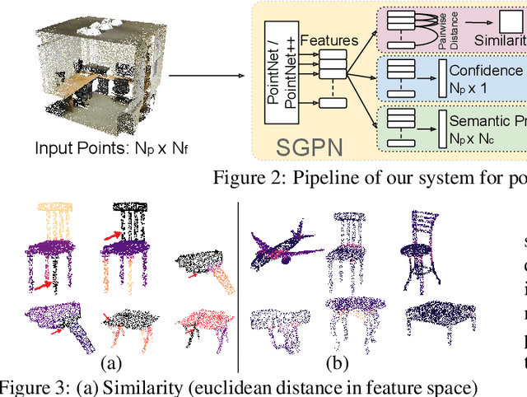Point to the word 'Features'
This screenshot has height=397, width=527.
pos(329,38)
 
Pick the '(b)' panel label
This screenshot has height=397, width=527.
pos(336,362)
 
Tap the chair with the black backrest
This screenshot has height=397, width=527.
pos(128,239)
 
